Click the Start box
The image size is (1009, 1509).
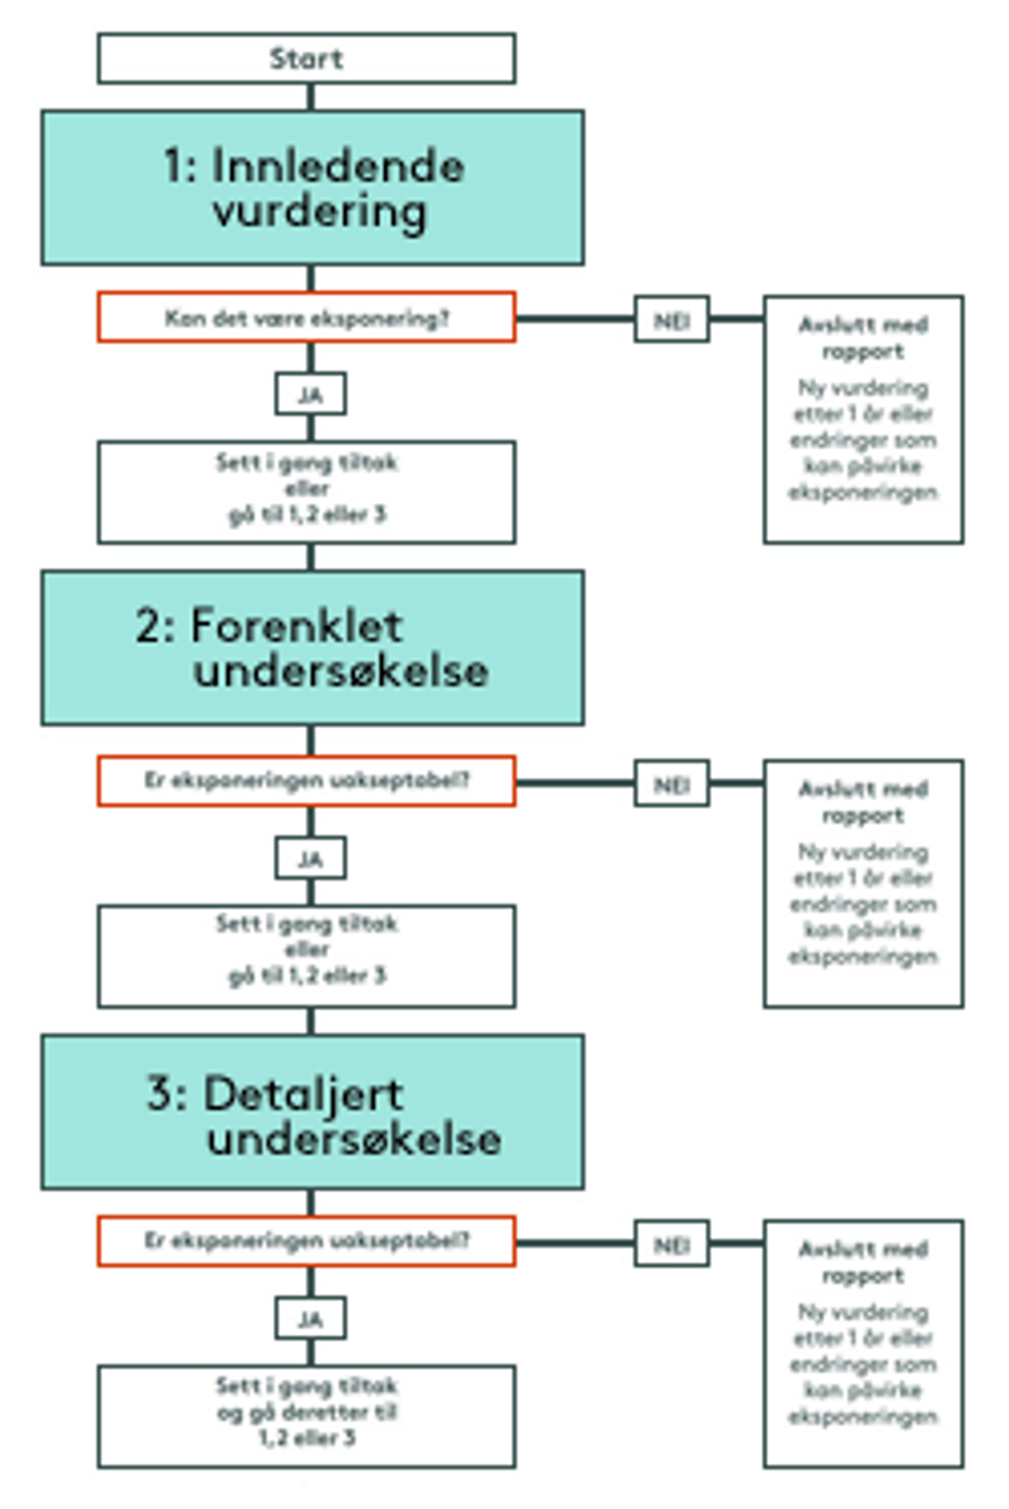[306, 58]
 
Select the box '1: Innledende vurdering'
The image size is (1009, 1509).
[312, 187]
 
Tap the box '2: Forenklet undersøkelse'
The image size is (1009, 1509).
[312, 647]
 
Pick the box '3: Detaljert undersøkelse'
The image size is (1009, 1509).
[312, 1111]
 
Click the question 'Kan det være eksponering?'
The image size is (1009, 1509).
[306, 318]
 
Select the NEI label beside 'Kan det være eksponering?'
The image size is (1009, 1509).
[671, 319]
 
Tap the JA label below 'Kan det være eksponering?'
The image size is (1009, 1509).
[310, 394]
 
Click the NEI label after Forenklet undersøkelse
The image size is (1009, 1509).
[671, 784]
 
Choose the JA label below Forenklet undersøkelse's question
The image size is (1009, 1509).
[310, 858]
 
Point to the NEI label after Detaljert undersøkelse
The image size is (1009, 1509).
[671, 1244]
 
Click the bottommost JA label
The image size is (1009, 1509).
[310, 1318]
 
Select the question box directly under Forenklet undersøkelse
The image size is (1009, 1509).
[306, 780]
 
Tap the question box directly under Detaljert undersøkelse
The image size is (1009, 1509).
[306, 1241]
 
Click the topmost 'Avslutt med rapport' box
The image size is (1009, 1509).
[863, 419]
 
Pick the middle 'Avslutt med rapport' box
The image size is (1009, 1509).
[863, 883]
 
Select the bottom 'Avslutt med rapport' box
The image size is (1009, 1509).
[863, 1344]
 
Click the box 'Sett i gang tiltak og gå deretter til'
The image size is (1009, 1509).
[306, 1416]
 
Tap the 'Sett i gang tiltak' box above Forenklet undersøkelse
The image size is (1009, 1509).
[306, 492]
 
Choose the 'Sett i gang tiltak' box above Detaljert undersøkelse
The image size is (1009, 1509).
[306, 956]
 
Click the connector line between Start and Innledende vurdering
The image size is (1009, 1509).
[311, 97]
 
